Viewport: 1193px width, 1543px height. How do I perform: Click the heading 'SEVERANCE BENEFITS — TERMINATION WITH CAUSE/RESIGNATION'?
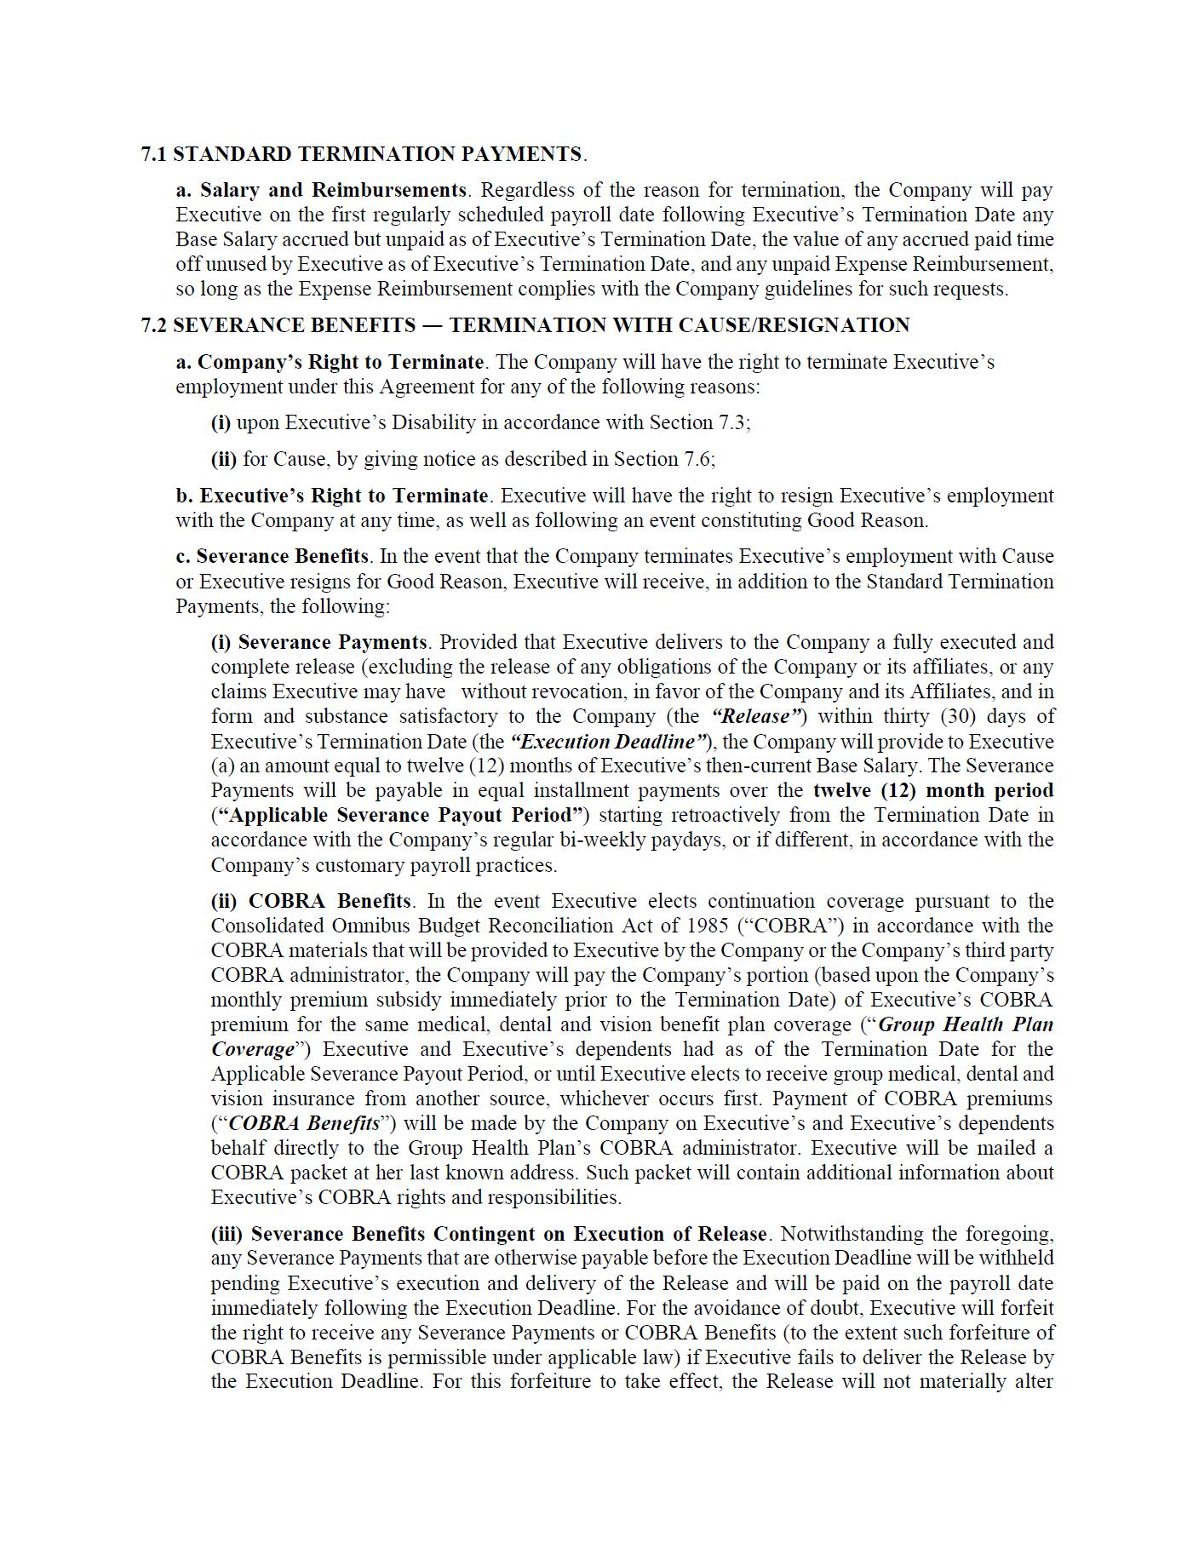coord(541,325)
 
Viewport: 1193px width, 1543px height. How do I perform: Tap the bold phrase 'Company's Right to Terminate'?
coord(341,362)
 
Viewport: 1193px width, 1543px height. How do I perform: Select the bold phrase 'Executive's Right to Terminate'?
coord(344,496)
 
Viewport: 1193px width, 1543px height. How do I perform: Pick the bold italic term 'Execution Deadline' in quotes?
coord(608,742)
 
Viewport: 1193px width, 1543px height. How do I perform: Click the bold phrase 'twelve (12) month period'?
coord(933,790)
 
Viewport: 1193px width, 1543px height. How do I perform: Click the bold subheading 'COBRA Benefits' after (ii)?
coord(330,901)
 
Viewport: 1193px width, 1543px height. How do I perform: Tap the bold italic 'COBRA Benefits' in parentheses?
coord(304,1123)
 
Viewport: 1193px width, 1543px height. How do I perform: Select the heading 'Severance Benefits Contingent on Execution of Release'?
coord(509,1234)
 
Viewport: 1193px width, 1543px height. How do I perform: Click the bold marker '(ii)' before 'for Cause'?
coord(224,459)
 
